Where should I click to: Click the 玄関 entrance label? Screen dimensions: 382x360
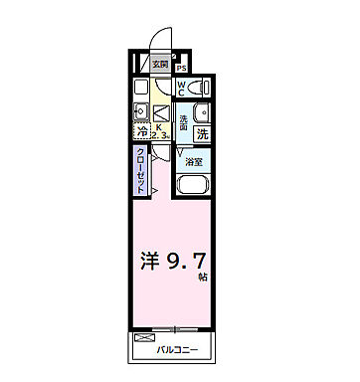(160, 64)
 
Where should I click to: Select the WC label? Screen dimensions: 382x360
(182, 87)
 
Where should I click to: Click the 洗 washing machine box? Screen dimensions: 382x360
(202, 132)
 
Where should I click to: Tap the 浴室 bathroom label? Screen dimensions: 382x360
(194, 160)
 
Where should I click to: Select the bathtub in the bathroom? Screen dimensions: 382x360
(193, 184)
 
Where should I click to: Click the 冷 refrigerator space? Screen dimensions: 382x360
(142, 130)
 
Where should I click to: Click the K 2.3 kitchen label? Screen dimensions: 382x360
(160, 128)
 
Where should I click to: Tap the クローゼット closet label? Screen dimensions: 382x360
(140, 170)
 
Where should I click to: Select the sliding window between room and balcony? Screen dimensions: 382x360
(174, 329)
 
